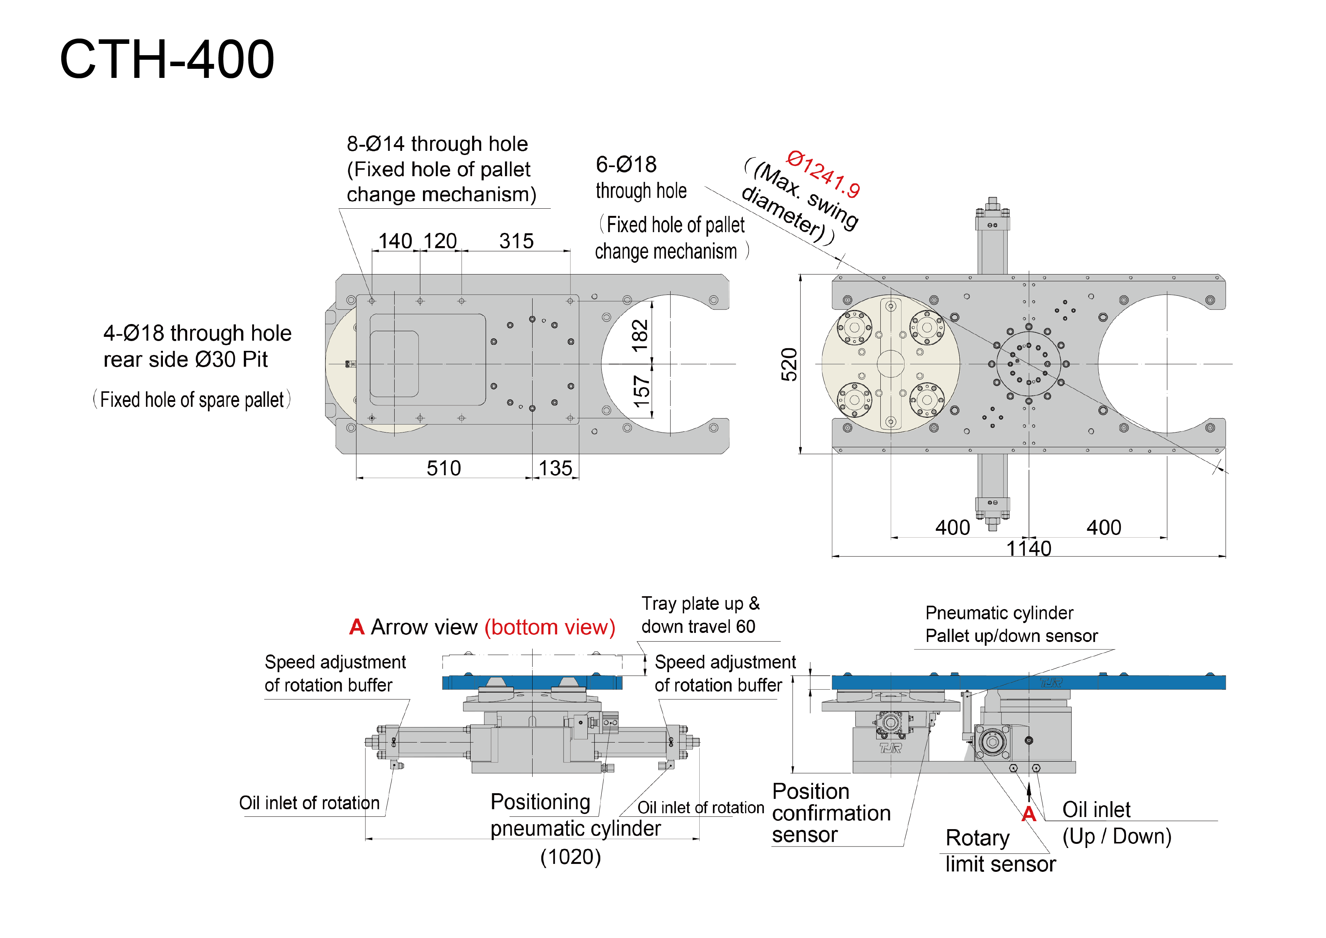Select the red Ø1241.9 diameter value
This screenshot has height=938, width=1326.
click(x=823, y=173)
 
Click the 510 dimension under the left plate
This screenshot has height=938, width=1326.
click(x=443, y=468)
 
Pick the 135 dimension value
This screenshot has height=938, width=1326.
click(x=555, y=468)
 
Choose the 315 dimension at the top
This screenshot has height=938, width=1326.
click(x=516, y=241)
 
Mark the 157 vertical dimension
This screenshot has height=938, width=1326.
click(x=641, y=392)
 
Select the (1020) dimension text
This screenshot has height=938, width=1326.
click(x=571, y=857)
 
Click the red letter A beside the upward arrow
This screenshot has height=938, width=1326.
click(x=1028, y=814)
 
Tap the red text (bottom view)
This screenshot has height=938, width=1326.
click(x=550, y=627)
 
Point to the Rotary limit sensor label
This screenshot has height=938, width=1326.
click(x=1000, y=851)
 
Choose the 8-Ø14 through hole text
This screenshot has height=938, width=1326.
click(x=437, y=144)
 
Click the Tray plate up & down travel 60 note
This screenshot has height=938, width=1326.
click(x=700, y=614)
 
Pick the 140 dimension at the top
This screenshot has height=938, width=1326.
click(x=395, y=241)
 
